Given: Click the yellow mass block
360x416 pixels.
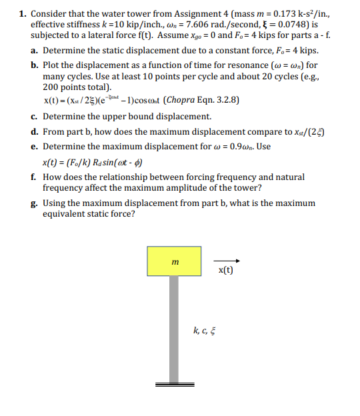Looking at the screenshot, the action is tap(174, 261).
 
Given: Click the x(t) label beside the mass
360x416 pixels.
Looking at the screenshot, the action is tap(225, 271).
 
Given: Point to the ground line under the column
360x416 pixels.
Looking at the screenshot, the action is tap(175, 385).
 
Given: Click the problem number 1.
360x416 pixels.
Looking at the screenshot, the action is tap(22, 13).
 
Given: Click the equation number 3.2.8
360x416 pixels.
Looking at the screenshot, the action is tap(223, 101).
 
